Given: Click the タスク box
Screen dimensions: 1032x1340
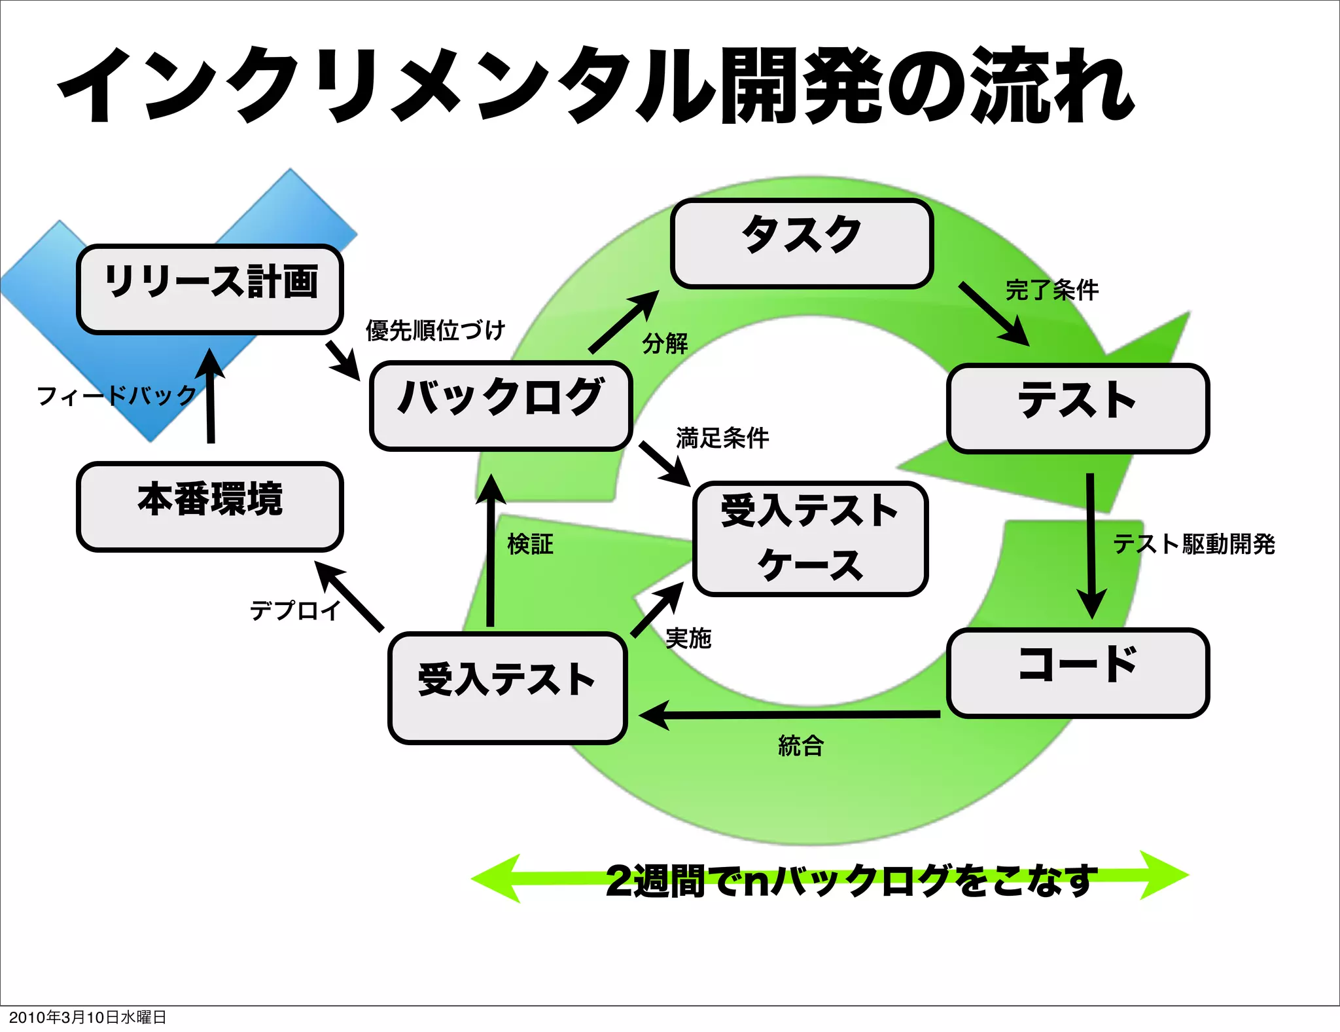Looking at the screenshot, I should (802, 244).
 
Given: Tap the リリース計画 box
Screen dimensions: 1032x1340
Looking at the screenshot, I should (210, 289).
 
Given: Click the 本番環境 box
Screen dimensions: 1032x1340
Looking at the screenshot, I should (210, 506).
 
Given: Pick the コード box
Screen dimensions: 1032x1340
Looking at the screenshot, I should (1078, 673).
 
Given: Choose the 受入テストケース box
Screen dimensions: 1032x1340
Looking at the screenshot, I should (810, 538).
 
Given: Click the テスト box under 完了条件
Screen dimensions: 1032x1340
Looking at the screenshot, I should (1078, 408).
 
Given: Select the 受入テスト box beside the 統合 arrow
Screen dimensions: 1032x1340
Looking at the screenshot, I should (507, 688).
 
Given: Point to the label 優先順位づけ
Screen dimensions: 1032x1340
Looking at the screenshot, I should (435, 330).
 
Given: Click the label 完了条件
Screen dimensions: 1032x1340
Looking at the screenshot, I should (1051, 289).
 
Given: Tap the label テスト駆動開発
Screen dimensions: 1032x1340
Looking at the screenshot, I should (1193, 544).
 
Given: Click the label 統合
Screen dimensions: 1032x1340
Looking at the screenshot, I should (800, 745).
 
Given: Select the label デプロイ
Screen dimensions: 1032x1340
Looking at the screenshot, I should (295, 610).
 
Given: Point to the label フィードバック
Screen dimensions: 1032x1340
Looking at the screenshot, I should (116, 396).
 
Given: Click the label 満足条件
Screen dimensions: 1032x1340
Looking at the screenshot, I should (722, 437).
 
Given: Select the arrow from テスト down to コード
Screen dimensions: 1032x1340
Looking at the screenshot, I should (1091, 544).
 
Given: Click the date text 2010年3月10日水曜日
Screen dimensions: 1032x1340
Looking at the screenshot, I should (87, 1017).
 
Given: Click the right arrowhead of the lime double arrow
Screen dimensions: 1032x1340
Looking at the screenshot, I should (1165, 875).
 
